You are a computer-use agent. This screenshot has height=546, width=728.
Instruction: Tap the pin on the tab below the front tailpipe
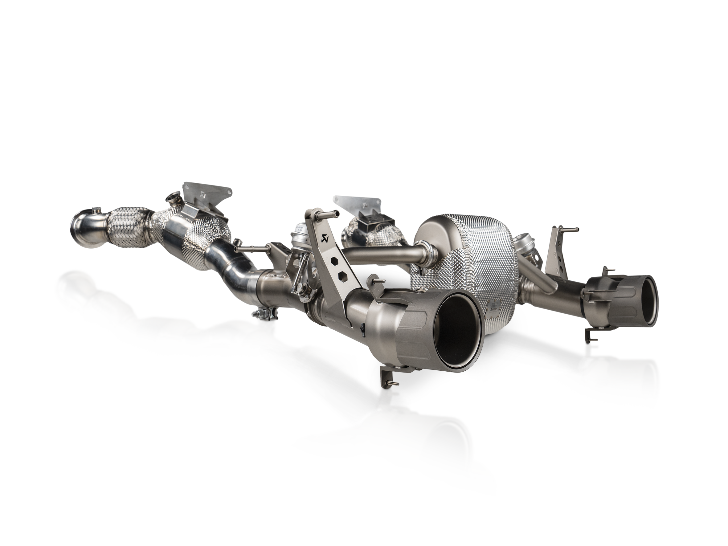392,382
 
